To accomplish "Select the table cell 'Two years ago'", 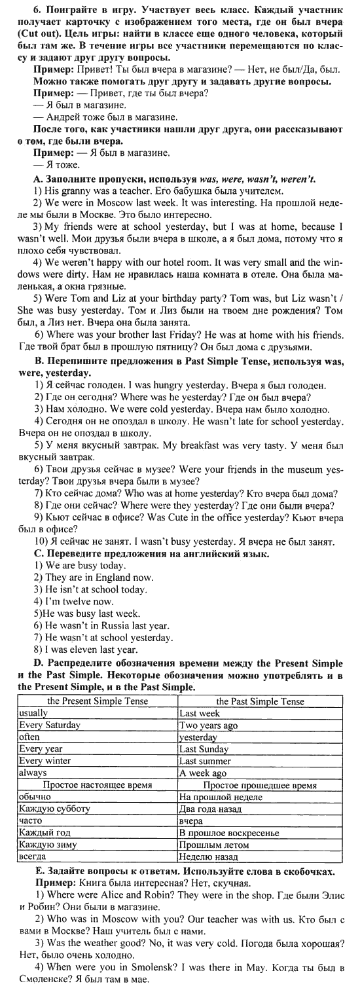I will point(209,725).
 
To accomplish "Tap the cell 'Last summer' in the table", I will point(205,761).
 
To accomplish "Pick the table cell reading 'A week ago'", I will point(203,773).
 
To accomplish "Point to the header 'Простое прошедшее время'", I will point(260,785).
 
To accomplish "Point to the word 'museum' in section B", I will point(298,469).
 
